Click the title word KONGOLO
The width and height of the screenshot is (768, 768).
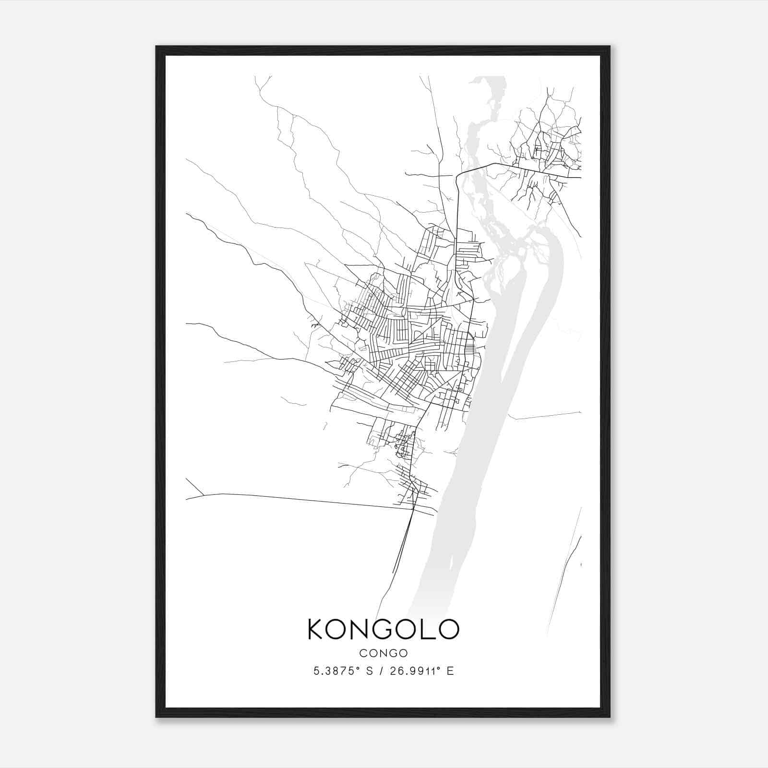point(384,629)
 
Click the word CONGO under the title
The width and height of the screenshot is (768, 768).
point(384,653)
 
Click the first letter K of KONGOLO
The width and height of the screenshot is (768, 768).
point(316,629)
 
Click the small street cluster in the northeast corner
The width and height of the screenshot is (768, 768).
point(547,144)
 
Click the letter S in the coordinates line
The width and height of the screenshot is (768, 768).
point(369,672)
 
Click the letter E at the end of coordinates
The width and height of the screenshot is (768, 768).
point(450,672)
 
